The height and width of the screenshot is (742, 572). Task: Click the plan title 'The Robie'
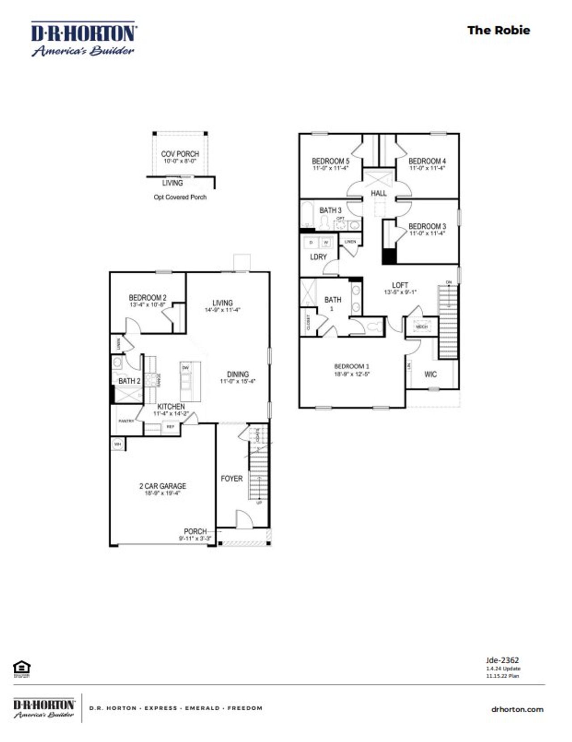coord(498,30)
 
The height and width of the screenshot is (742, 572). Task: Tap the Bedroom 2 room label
coord(147,297)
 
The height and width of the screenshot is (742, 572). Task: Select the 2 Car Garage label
coord(163,486)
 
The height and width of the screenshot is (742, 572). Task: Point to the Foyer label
coord(231,479)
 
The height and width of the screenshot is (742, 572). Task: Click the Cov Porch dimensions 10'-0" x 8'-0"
coord(180,161)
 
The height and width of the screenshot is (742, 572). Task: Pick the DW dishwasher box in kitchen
coord(185,368)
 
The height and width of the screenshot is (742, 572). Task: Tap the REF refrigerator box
coord(170,427)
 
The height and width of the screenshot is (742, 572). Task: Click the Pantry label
coord(126,421)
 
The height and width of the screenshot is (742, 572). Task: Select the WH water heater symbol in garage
coord(118,444)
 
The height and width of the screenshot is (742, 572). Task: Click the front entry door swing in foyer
coord(244,520)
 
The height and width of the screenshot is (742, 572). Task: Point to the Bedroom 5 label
coord(331,161)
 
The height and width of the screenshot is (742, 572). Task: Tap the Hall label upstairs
coord(379,193)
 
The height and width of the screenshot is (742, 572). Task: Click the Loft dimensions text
coord(400,292)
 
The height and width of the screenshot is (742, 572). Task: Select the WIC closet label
coord(430,374)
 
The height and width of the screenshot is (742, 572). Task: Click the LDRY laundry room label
coord(318,257)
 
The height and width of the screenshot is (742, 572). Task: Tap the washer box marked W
coord(326,242)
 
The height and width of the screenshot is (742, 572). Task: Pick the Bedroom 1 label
coord(352,366)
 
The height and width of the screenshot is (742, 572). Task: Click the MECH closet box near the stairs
coord(421,327)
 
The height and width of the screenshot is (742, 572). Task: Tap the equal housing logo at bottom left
coord(21,668)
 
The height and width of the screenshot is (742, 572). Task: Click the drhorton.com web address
coord(517,709)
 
